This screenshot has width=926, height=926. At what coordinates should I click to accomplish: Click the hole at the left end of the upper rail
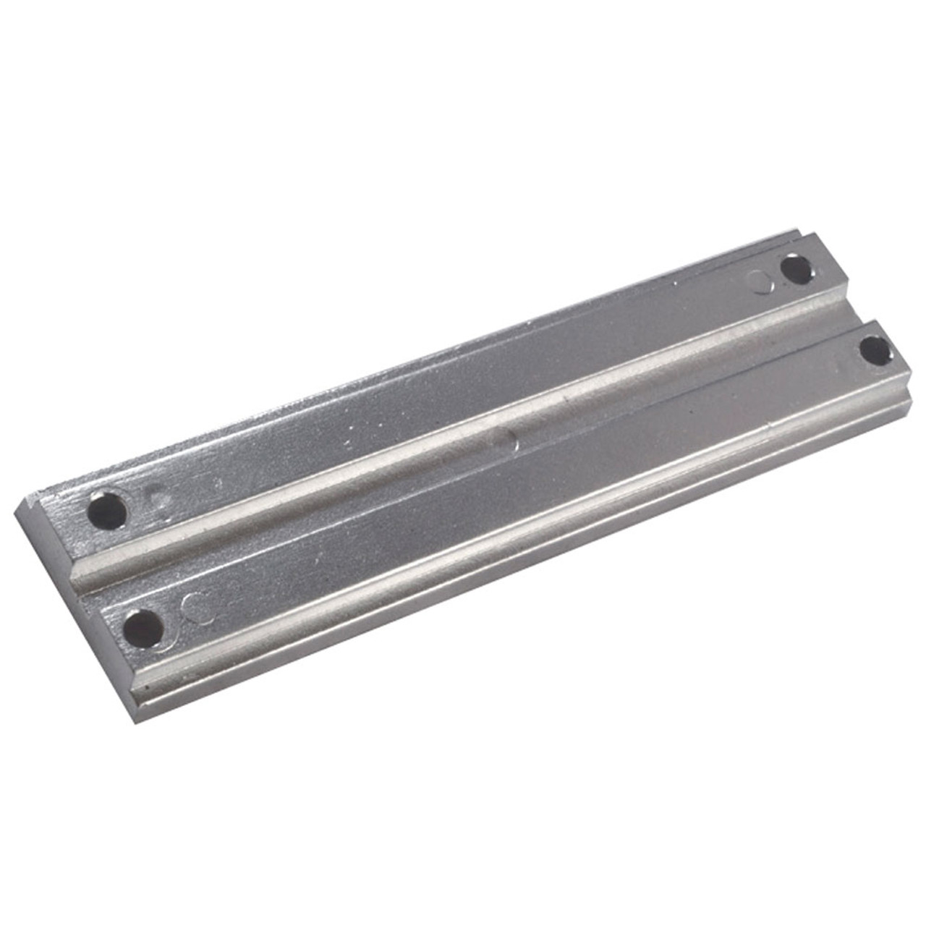(108, 511)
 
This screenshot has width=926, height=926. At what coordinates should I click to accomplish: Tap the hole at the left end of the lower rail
(143, 627)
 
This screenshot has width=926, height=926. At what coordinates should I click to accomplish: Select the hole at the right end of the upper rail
(797, 270)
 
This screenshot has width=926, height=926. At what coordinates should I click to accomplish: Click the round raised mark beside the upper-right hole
(760, 281)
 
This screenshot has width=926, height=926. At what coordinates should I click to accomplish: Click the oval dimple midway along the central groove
(504, 441)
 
